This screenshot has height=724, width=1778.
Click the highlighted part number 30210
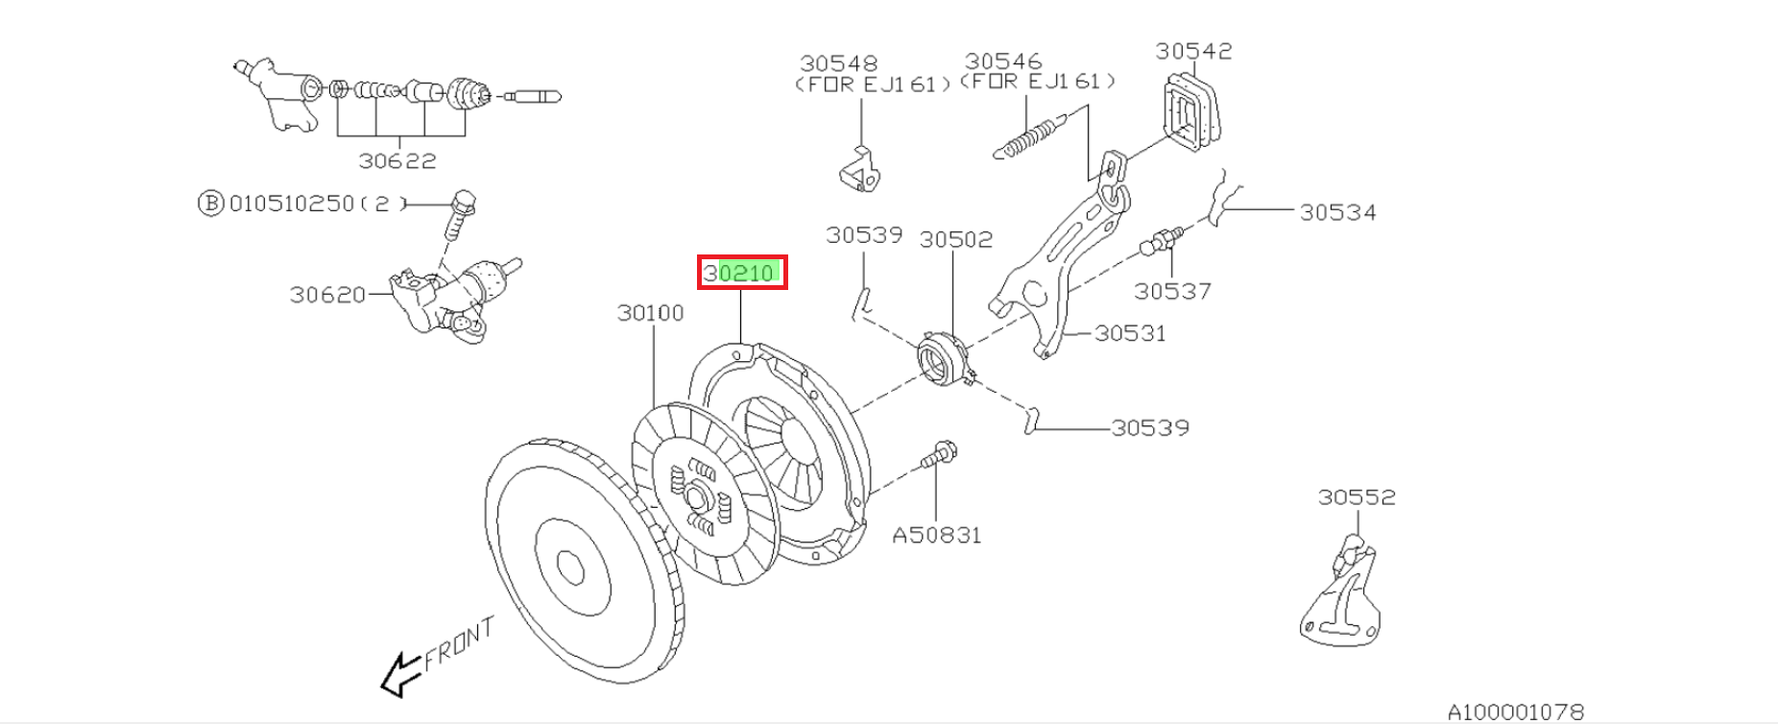tap(741, 273)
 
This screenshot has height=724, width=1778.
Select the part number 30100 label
tap(650, 313)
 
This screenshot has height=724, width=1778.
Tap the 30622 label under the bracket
tap(397, 161)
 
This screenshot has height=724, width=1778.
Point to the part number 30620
tap(327, 295)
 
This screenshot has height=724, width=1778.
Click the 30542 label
tap(1193, 51)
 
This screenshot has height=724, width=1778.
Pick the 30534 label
tap(1337, 213)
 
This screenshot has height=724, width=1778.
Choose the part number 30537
tap(1172, 291)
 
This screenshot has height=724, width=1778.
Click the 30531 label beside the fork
tap(1130, 333)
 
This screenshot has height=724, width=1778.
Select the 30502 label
tap(955, 239)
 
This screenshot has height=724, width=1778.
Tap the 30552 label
tap(1357, 497)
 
